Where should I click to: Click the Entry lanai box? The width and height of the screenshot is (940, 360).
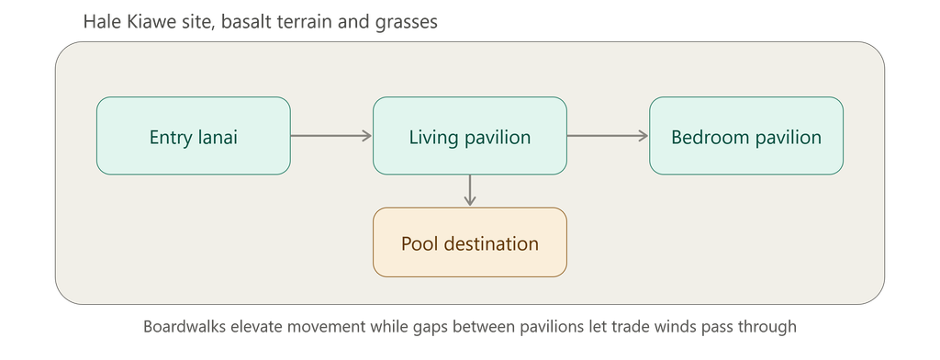click(194, 136)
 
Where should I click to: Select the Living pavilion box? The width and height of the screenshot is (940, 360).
click(470, 136)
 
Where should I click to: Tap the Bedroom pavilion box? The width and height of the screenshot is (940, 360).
click(746, 136)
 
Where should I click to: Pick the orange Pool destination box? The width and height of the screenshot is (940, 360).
click(470, 242)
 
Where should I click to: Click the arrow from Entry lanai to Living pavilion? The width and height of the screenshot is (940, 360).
click(331, 136)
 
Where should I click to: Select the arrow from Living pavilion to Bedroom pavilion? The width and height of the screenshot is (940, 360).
click(608, 136)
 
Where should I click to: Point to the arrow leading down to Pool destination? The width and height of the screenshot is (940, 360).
click(470, 191)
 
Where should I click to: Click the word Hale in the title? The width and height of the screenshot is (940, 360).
click(98, 22)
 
